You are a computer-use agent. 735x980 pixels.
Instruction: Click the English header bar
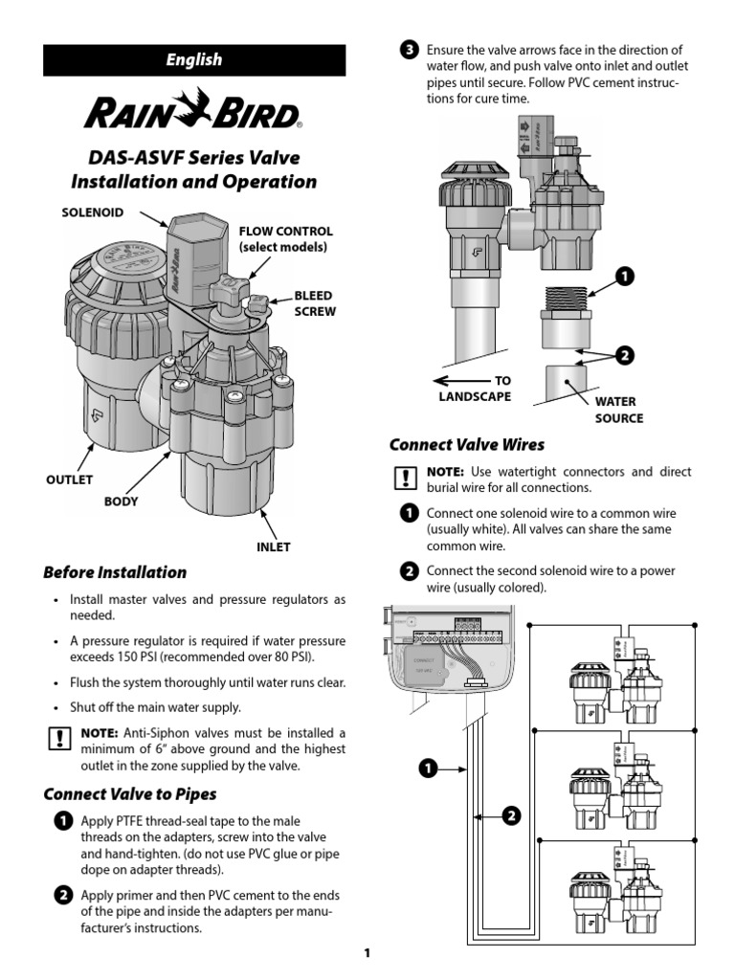tap(194, 59)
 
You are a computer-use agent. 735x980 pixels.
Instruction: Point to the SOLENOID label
tap(93, 212)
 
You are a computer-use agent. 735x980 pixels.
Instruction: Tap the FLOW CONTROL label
tap(285, 238)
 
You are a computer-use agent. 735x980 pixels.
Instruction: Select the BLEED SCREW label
tap(314, 304)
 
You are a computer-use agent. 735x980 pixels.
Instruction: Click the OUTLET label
tap(69, 479)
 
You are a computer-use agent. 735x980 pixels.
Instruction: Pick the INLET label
tap(273, 547)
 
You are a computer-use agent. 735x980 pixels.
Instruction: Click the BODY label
tap(121, 501)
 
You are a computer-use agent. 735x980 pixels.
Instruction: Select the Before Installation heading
tap(115, 572)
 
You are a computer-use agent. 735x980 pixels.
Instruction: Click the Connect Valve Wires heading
tap(467, 444)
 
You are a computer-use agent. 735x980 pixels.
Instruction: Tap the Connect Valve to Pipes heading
tap(130, 794)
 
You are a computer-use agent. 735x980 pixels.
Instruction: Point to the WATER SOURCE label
tap(619, 410)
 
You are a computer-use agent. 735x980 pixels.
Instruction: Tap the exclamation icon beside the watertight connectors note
tap(406, 479)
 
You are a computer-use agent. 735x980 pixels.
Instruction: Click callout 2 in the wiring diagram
tap(511, 816)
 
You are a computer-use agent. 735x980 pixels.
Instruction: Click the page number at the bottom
tap(367, 953)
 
